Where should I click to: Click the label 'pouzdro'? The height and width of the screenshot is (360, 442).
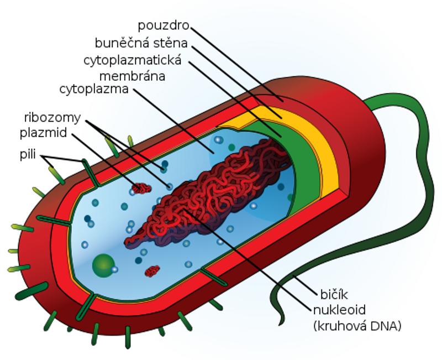[x=163, y=26]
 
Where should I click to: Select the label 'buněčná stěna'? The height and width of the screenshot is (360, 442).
[x=141, y=43]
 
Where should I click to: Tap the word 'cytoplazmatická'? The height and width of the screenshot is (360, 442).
[x=133, y=61]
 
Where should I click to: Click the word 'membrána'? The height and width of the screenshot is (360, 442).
[x=132, y=76]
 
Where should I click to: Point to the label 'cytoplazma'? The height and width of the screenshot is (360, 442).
[x=94, y=89]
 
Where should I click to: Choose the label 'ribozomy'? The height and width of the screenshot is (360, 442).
[x=52, y=118]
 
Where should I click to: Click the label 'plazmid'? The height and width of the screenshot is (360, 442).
[x=44, y=133]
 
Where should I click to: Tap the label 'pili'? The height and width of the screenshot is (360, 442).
[x=28, y=154]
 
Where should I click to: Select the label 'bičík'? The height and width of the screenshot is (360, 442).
[x=334, y=295]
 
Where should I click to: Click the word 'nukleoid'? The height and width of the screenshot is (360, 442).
[x=339, y=310]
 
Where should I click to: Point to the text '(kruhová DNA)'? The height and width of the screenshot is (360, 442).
[x=357, y=326]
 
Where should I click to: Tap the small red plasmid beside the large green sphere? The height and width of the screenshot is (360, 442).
[x=152, y=271]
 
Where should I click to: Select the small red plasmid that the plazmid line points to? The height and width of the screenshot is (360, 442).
[x=141, y=188]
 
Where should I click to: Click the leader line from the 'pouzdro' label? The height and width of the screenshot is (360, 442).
[x=236, y=64]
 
